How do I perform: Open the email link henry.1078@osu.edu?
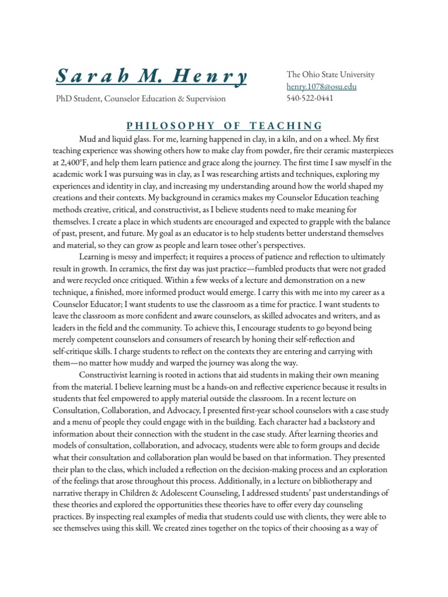click(x=321, y=87)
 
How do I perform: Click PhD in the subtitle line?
click(x=65, y=99)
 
